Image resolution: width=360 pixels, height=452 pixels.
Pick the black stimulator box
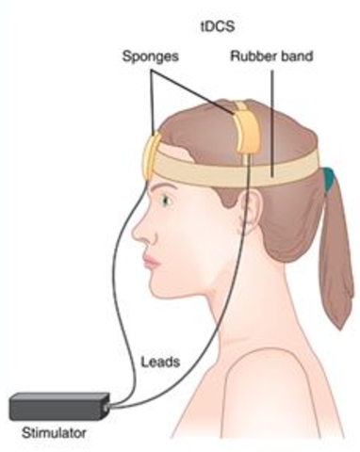pos(57,407)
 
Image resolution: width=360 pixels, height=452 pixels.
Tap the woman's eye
pos(171,198)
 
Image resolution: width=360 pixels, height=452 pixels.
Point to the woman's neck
pos(226,301)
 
